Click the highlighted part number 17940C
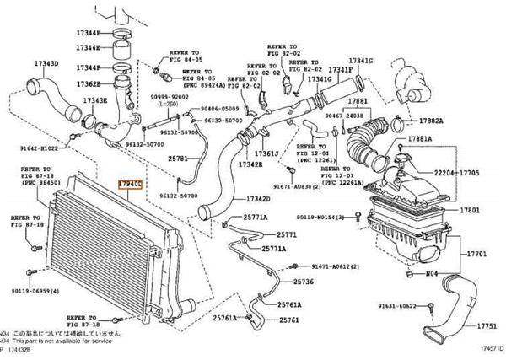coord(131,183)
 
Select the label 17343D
coord(46,63)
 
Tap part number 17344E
coord(87,46)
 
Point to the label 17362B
coord(88,84)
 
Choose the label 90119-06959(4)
coord(40,291)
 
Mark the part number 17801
coord(469,210)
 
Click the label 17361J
coord(267,153)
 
